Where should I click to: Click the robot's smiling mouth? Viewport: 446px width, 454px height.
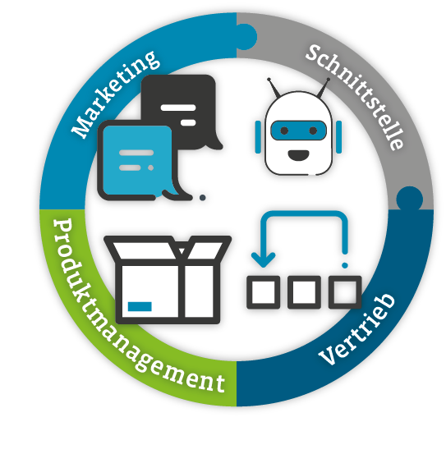pyautogui.click(x=298, y=155)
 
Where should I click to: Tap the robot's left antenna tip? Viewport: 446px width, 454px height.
pyautogui.click(x=269, y=79)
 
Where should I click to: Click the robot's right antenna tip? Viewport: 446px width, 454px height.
pyautogui.click(x=328, y=79)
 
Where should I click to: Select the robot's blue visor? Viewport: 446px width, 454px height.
pyautogui.click(x=299, y=131)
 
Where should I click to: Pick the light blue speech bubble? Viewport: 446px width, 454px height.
pyautogui.click(x=137, y=160)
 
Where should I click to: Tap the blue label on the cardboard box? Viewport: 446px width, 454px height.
pyautogui.click(x=140, y=306)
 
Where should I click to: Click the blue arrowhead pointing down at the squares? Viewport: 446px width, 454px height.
pyautogui.click(x=264, y=259)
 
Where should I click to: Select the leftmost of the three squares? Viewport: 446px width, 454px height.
pyautogui.click(x=264, y=292)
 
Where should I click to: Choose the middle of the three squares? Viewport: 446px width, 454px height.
pyautogui.click(x=304, y=292)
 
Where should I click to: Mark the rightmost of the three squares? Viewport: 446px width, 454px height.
pyautogui.click(x=345, y=292)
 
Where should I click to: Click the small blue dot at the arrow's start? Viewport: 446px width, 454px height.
pyautogui.click(x=345, y=265)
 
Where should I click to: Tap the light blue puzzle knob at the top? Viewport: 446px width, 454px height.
pyautogui.click(x=246, y=37)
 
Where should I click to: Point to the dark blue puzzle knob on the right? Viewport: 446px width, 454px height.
pyautogui.click(x=410, y=199)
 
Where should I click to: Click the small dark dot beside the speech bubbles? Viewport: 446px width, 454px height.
pyautogui.click(x=202, y=198)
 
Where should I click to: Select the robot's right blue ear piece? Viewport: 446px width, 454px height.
pyautogui.click(x=338, y=137)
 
